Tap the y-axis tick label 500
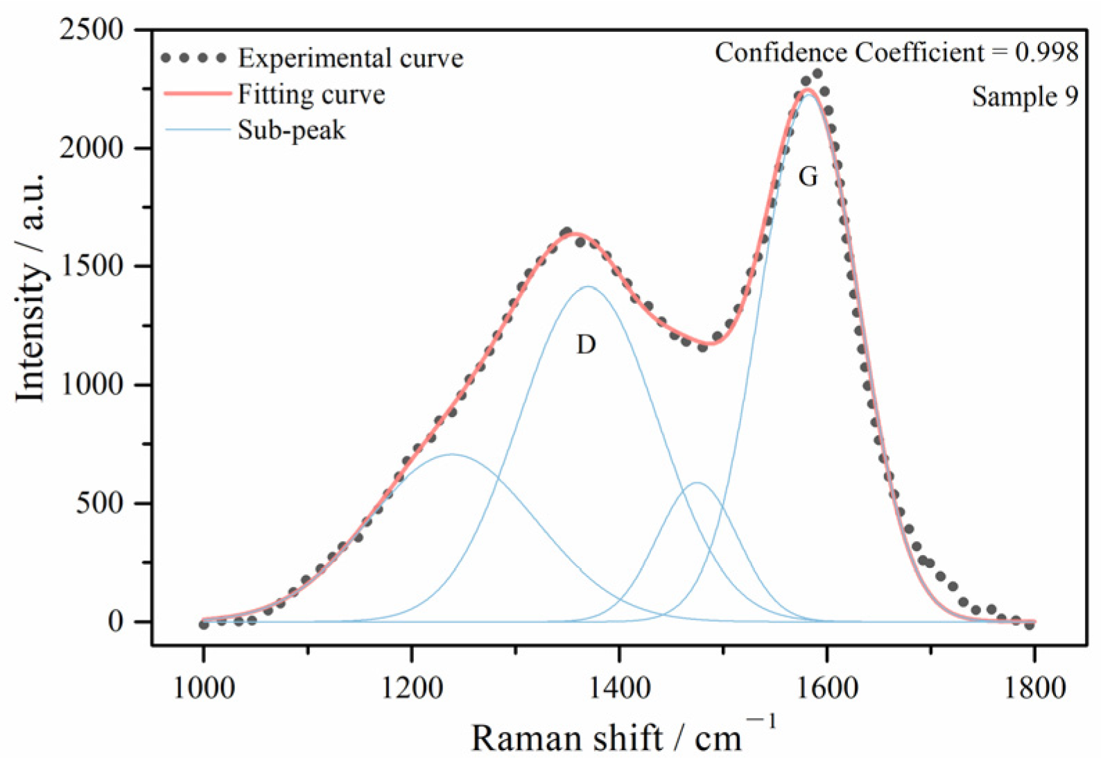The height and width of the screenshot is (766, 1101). coord(100,503)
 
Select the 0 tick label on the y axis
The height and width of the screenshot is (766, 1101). coord(115,622)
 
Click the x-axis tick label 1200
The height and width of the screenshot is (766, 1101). coord(411,688)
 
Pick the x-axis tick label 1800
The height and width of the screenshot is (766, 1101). coord(1034,688)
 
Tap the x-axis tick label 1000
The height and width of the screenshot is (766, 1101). coord(204,688)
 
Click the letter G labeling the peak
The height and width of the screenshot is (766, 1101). coord(808,177)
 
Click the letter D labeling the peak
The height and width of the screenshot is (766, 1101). coord(586,344)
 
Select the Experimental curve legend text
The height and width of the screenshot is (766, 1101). coord(350,58)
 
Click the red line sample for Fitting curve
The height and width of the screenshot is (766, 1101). coord(197,93)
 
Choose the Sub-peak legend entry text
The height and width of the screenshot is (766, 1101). coord(291,130)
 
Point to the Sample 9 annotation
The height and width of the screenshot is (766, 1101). coord(1025,96)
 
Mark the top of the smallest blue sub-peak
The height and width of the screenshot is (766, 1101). coord(697,483)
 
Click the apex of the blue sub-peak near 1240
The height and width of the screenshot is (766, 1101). coord(452,454)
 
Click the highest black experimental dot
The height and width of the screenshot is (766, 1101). coord(817,74)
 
